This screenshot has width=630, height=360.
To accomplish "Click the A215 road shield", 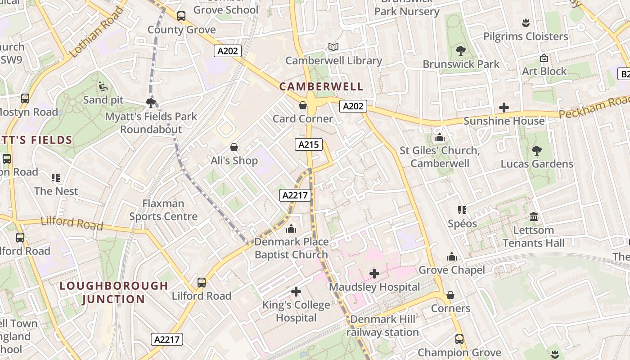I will click(x=309, y=144).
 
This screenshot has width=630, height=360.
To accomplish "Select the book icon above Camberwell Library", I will click(x=333, y=47).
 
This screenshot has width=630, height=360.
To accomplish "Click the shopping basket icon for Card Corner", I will click(x=303, y=105).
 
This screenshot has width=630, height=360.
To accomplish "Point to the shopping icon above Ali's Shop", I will click(x=234, y=147).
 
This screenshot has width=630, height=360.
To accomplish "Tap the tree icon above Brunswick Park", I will click(x=460, y=50).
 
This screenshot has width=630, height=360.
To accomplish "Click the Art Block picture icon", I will click(x=544, y=58).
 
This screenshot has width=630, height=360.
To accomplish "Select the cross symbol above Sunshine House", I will click(x=504, y=108).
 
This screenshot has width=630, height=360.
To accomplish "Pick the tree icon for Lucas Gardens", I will click(x=536, y=150).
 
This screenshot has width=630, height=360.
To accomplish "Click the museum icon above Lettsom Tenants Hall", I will click(x=534, y=217).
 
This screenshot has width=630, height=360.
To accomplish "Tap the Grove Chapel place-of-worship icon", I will click(x=451, y=256).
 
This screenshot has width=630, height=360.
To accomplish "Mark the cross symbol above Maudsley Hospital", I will click(x=374, y=273).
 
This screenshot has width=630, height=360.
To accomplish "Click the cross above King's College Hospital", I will click(x=296, y=292).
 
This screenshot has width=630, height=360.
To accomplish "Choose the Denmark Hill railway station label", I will click(x=382, y=326).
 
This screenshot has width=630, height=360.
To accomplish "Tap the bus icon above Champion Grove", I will click(x=459, y=339).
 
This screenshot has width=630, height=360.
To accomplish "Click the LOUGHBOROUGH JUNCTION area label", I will click(x=114, y=292).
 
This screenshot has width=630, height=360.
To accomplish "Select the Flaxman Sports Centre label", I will click(x=163, y=210).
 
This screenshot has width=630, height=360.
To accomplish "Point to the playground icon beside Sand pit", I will click(x=103, y=86).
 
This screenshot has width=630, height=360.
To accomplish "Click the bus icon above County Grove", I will click(x=181, y=16).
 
